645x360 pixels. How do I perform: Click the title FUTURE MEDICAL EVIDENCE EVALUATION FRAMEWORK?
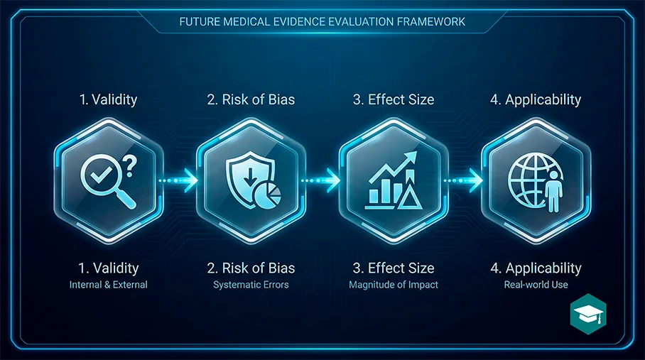pos(322,22)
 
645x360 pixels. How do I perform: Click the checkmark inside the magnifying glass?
pos(101,175)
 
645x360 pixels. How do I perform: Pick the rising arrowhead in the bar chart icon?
pos(411,158)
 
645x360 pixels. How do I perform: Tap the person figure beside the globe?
pos(553,191)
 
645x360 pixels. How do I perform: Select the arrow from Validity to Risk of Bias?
pos(178,180)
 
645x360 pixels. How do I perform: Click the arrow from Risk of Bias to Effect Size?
pos(321,180)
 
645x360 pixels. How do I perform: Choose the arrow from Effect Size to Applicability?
pos(463,180)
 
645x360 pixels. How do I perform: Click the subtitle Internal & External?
pos(108,285)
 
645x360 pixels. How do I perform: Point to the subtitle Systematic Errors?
pos(251,285)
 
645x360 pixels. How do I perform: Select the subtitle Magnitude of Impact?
pos(394,285)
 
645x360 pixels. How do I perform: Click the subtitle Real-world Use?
pos(536,285)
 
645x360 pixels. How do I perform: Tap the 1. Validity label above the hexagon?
pos(108,100)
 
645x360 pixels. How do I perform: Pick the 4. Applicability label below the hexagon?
pos(536,268)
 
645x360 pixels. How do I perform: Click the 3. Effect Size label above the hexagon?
pos(394,99)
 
